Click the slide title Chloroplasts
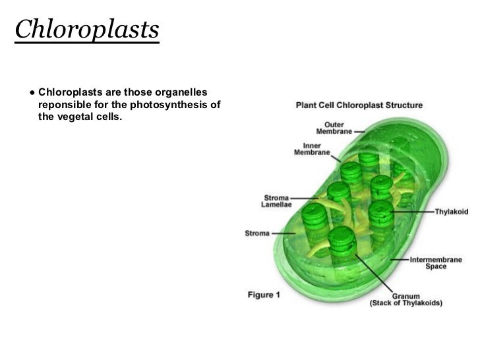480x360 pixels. (87, 30)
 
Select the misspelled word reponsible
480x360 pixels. (65, 104)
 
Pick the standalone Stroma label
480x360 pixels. (258, 233)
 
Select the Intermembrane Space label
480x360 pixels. (435, 262)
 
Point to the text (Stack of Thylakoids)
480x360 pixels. (405, 303)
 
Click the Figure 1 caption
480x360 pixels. (264, 295)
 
